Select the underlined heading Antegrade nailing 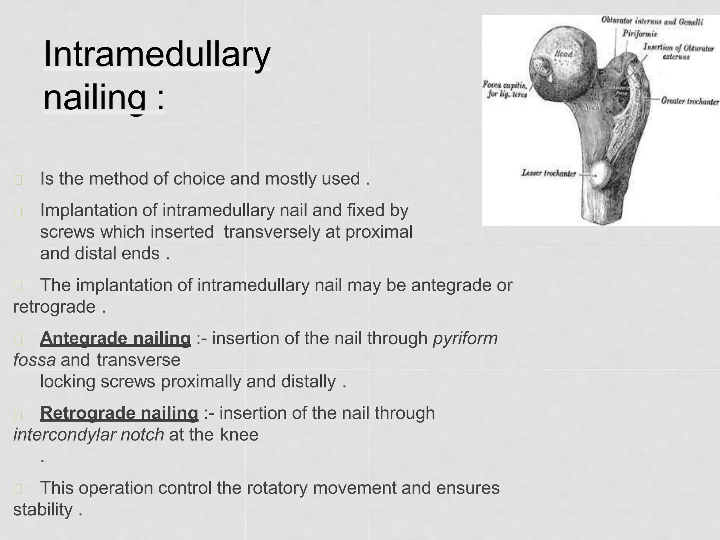(115, 339)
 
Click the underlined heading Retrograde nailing (119, 413)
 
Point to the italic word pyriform (465, 339)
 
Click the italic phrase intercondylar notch (89, 435)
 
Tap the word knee (239, 435)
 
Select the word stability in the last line (43, 510)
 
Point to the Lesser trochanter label (548, 173)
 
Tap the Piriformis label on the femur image (640, 34)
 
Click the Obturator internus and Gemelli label (652, 21)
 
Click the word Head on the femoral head (564, 54)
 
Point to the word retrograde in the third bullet (54, 307)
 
